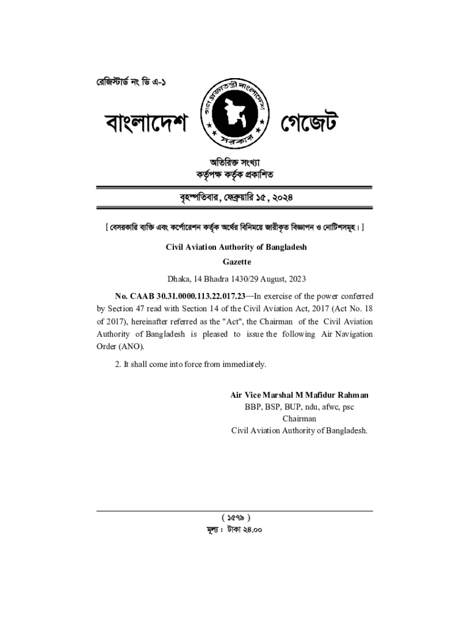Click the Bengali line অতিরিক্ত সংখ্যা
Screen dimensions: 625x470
235,162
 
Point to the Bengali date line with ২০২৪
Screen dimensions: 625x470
235,198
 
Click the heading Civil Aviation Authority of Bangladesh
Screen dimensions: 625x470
236,247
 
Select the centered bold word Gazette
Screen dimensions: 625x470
236,262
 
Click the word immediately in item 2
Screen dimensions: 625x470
244,364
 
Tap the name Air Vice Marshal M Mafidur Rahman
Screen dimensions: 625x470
299,395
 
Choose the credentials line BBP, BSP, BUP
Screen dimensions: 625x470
299,407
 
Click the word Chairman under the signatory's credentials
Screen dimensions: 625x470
299,419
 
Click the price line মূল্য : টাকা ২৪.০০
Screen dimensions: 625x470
236,530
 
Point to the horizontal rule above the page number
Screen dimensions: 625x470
236,511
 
